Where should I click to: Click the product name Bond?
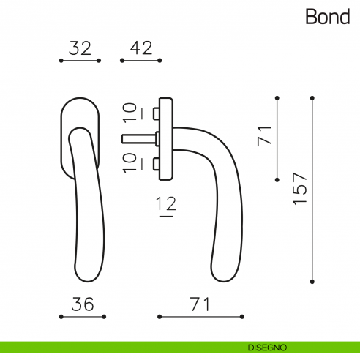tap(328, 17)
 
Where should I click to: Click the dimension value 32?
tap(80, 48)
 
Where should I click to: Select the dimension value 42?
tap(140, 48)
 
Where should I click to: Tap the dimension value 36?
tap(82, 304)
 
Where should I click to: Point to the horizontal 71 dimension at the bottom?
tap(200, 304)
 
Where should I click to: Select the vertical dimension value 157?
tap(299, 189)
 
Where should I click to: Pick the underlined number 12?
tap(167, 207)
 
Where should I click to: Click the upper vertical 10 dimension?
tap(130, 113)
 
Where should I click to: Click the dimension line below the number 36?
tap(82, 317)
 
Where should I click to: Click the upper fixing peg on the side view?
tap(156, 113)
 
